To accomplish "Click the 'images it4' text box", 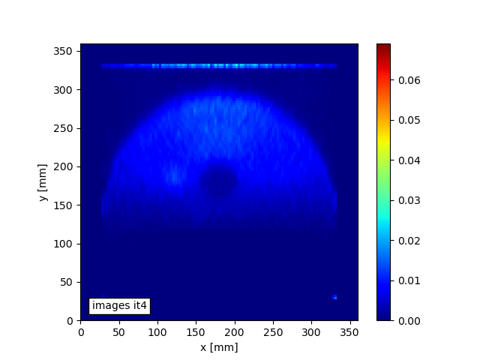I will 119,305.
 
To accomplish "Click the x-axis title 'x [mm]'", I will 218,347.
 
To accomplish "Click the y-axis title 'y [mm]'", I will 44,182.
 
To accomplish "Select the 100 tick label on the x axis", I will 157,331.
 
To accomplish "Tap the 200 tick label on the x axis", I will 235,331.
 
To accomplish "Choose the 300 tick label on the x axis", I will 312,331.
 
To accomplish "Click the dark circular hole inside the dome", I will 219,181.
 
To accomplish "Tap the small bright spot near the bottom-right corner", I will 334,297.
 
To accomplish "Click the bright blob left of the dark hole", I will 175,178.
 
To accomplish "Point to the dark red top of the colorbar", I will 383,46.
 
